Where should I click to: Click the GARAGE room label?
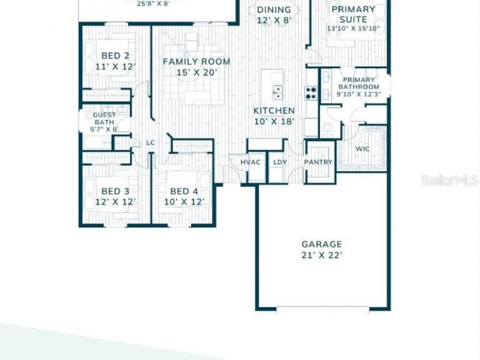[322, 244]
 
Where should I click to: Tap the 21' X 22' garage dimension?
[322, 255]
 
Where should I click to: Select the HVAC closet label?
[250, 162]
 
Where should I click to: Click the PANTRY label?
[318, 162]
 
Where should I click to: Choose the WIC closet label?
[363, 149]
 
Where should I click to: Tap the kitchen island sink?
[278, 92]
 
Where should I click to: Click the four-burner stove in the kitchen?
[311, 93]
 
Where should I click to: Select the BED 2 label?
[115, 56]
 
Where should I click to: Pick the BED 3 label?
[115, 191]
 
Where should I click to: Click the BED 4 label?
[184, 191]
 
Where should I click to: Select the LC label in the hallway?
[150, 142]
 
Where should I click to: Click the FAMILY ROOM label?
[196, 62]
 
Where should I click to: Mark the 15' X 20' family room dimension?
[196, 73]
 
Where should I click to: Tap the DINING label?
[274, 10]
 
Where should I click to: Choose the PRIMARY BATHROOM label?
[357, 83]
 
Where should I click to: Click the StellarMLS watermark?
[449, 181]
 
